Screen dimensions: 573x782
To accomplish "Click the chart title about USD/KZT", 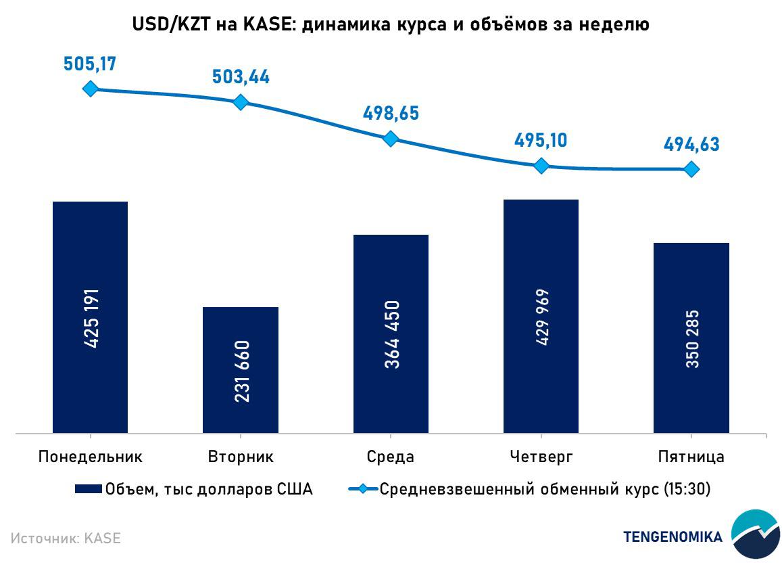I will point(391,25).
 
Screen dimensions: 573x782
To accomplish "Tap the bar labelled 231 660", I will point(241,369).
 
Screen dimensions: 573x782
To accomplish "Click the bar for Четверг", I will point(541,316).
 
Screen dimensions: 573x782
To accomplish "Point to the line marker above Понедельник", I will point(90,89).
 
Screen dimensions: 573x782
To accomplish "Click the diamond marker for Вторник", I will point(241,102).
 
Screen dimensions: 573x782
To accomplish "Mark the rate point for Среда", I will point(391,139).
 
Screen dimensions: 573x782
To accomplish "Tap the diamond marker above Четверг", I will point(541,166).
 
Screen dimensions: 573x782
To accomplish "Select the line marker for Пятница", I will point(691,169).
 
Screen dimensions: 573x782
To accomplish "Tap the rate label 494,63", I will point(691,144).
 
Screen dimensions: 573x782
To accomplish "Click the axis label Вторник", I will point(241,457).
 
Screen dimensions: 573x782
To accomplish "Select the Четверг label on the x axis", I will point(541,457).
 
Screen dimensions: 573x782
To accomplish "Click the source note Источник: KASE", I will point(66,538).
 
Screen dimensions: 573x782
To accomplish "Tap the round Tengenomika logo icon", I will point(755,534).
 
